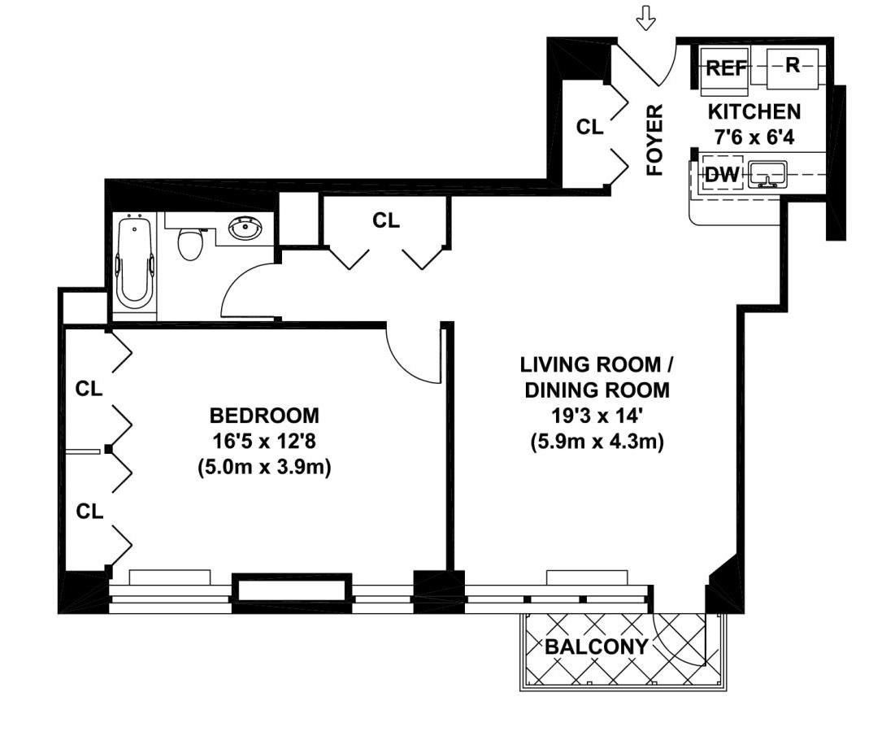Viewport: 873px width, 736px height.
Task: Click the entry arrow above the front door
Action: pyautogui.click(x=646, y=18)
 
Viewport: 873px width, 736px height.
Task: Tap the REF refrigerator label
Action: pyautogui.click(x=726, y=68)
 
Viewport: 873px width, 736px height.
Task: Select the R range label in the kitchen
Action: pyautogui.click(x=793, y=65)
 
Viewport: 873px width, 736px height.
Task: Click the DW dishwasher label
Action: pyautogui.click(x=722, y=175)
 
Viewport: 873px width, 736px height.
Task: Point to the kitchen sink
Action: pyautogui.click(x=767, y=174)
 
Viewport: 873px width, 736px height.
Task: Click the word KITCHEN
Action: pyautogui.click(x=754, y=112)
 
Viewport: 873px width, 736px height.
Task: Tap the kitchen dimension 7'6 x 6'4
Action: pyautogui.click(x=754, y=137)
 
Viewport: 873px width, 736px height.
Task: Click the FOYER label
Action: pyautogui.click(x=655, y=140)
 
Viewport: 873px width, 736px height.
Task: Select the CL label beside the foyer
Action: pyautogui.click(x=589, y=127)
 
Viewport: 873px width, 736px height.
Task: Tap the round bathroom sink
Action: pyautogui.click(x=245, y=228)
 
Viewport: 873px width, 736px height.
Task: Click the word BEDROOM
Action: pyautogui.click(x=264, y=416)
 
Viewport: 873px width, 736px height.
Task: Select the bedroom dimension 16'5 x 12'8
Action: pyautogui.click(x=264, y=442)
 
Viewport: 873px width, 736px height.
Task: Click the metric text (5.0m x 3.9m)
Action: pyautogui.click(x=264, y=467)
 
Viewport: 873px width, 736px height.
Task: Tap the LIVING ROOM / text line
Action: pyautogui.click(x=597, y=364)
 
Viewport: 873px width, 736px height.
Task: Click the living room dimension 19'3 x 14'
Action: pyautogui.click(x=597, y=416)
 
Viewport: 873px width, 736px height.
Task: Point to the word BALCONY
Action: pyautogui.click(x=597, y=647)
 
